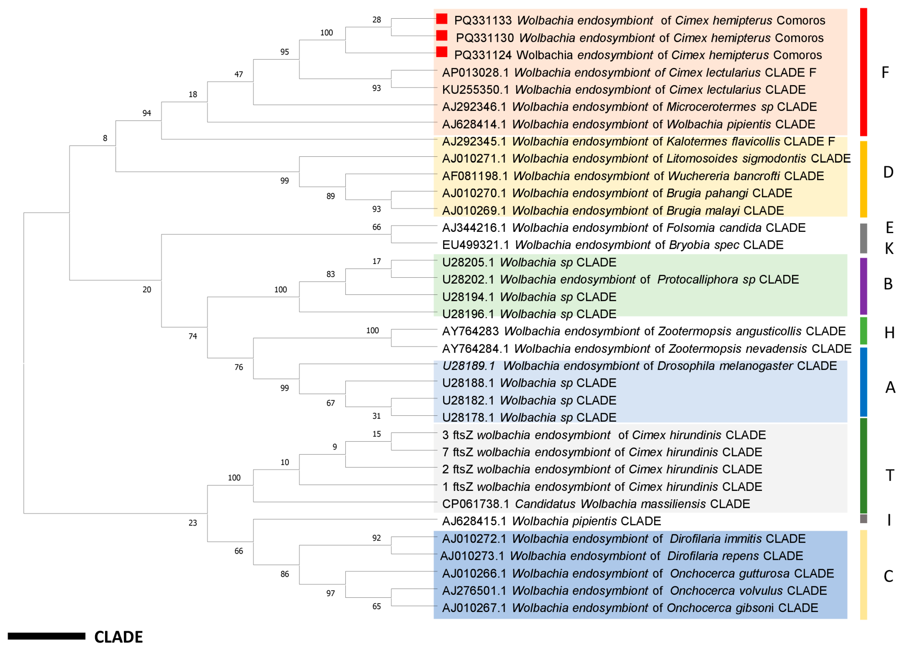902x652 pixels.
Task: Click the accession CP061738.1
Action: pyautogui.click(x=475, y=504)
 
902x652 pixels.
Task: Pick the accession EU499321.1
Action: pyautogui.click(x=475, y=245)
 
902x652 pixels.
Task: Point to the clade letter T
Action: pyautogui.click(x=890, y=475)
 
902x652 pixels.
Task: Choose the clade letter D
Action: pyautogui.click(x=888, y=172)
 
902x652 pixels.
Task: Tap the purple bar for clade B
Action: pyautogui.click(x=863, y=286)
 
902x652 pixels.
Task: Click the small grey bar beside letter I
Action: pyautogui.click(x=863, y=518)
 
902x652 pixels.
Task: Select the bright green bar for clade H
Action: pyautogui.click(x=863, y=330)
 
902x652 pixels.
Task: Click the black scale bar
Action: pyautogui.click(x=47, y=637)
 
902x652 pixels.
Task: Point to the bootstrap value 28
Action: pyautogui.click(x=376, y=20)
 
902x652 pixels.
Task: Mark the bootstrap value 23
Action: pyautogui.click(x=192, y=523)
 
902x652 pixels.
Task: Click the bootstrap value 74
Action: pyautogui.click(x=192, y=336)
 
